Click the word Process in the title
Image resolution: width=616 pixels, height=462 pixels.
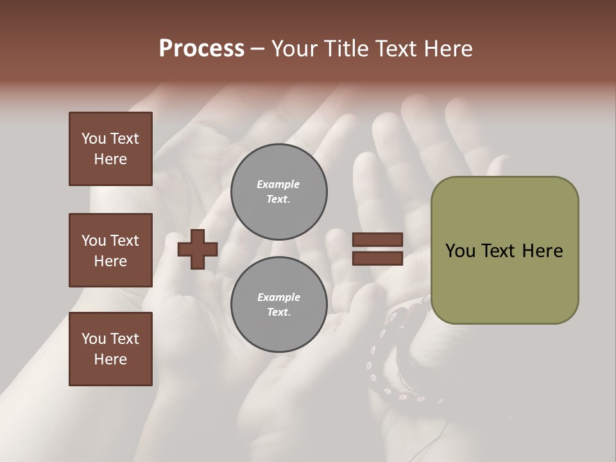pos(201,49)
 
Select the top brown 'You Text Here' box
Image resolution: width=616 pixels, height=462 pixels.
pos(110,149)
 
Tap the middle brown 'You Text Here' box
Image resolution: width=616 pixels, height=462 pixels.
pos(110,250)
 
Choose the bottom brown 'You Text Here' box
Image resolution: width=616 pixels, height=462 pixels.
pos(110,349)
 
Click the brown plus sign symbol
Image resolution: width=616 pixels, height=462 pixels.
pos(198,249)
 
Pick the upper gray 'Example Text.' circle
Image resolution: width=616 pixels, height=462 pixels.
pos(278,191)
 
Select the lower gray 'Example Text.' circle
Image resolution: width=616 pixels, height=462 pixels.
pos(278,305)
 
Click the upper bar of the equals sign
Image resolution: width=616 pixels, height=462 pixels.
pos(377,240)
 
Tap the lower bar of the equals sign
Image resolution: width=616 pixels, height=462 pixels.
pos(377,259)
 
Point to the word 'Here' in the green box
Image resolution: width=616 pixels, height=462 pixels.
pos(542,251)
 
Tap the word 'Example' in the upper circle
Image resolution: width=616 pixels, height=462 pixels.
pos(278,184)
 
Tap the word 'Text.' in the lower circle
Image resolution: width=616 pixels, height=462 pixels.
pos(278,312)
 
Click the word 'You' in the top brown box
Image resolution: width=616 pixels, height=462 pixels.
pos(92,139)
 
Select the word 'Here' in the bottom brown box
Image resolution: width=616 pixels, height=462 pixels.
pos(110,359)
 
